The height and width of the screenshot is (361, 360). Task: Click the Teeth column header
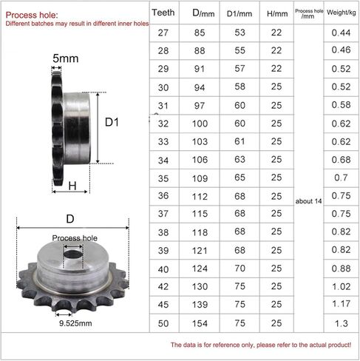163,13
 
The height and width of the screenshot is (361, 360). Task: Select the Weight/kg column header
342,13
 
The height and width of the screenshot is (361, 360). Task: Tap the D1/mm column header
240,13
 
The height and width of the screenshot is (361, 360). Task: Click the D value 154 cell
200,323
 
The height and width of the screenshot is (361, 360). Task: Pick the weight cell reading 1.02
342,286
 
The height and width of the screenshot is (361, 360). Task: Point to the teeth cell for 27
163,33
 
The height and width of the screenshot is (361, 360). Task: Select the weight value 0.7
341,178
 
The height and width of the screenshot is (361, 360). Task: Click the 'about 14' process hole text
308,201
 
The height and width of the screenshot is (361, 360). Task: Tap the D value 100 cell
200,124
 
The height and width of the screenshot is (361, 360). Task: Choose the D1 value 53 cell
240,33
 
